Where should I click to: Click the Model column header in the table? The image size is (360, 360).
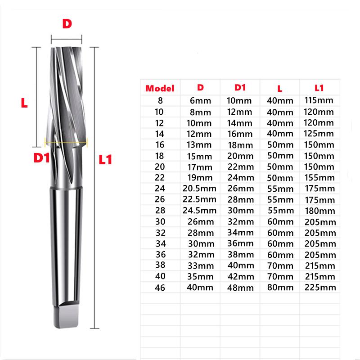point(160,89)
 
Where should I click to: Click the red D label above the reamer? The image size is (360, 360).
point(67,24)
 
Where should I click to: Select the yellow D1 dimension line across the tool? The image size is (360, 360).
point(66,142)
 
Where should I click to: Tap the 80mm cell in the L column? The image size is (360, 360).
point(279,287)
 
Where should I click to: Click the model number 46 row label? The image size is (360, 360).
point(159,287)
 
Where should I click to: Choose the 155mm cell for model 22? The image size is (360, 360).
point(319,177)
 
